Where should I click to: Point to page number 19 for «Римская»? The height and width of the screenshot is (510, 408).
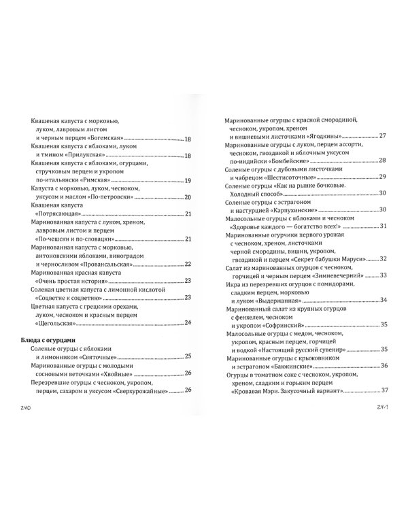point(188,181)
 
